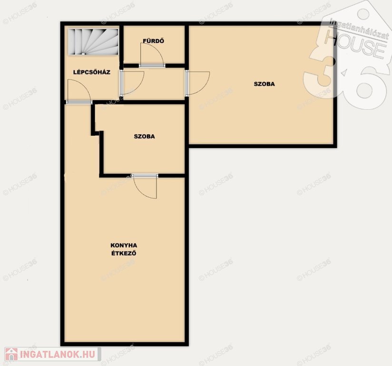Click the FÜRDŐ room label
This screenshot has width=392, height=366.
tap(154, 41)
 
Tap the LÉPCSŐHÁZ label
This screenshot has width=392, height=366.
tap(92, 72)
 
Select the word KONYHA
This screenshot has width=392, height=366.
tap(124, 245)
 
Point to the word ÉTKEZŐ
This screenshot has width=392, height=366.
tap(124, 253)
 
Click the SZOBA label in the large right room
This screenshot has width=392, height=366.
tap(264, 84)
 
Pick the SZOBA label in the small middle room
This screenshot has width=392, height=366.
tap(144, 136)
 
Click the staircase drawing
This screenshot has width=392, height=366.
tap(93, 41)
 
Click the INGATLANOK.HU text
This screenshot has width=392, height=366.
tap(58, 354)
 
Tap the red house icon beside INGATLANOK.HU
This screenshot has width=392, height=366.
tap(11, 354)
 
